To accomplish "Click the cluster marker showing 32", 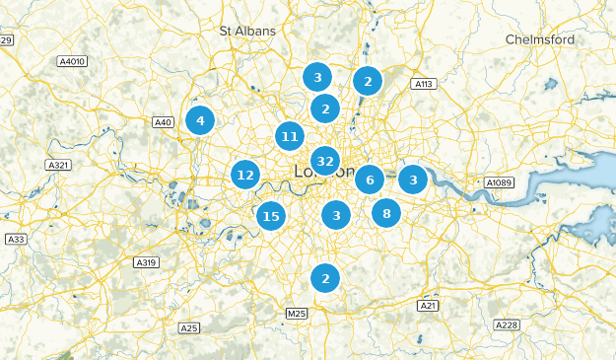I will (325, 161).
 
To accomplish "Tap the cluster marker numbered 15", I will (271, 216).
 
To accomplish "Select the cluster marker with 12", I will (245, 176).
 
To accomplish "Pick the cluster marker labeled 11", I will (289, 136).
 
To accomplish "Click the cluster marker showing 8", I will (386, 212).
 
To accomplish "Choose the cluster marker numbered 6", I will (369, 180).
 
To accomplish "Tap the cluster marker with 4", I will (200, 120).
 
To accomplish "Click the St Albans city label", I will (248, 31).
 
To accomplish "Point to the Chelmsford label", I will (539, 39).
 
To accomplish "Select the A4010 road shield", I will (73, 61).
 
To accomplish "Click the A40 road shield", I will (164, 122).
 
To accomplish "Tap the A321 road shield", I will (59, 165).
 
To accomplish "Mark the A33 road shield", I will (16, 240).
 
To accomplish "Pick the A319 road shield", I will (146, 262).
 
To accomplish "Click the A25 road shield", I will (189, 327).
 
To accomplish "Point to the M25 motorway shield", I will (296, 314).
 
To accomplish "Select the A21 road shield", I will (428, 306).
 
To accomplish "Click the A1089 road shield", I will (500, 182).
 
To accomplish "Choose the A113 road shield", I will (424, 84).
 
